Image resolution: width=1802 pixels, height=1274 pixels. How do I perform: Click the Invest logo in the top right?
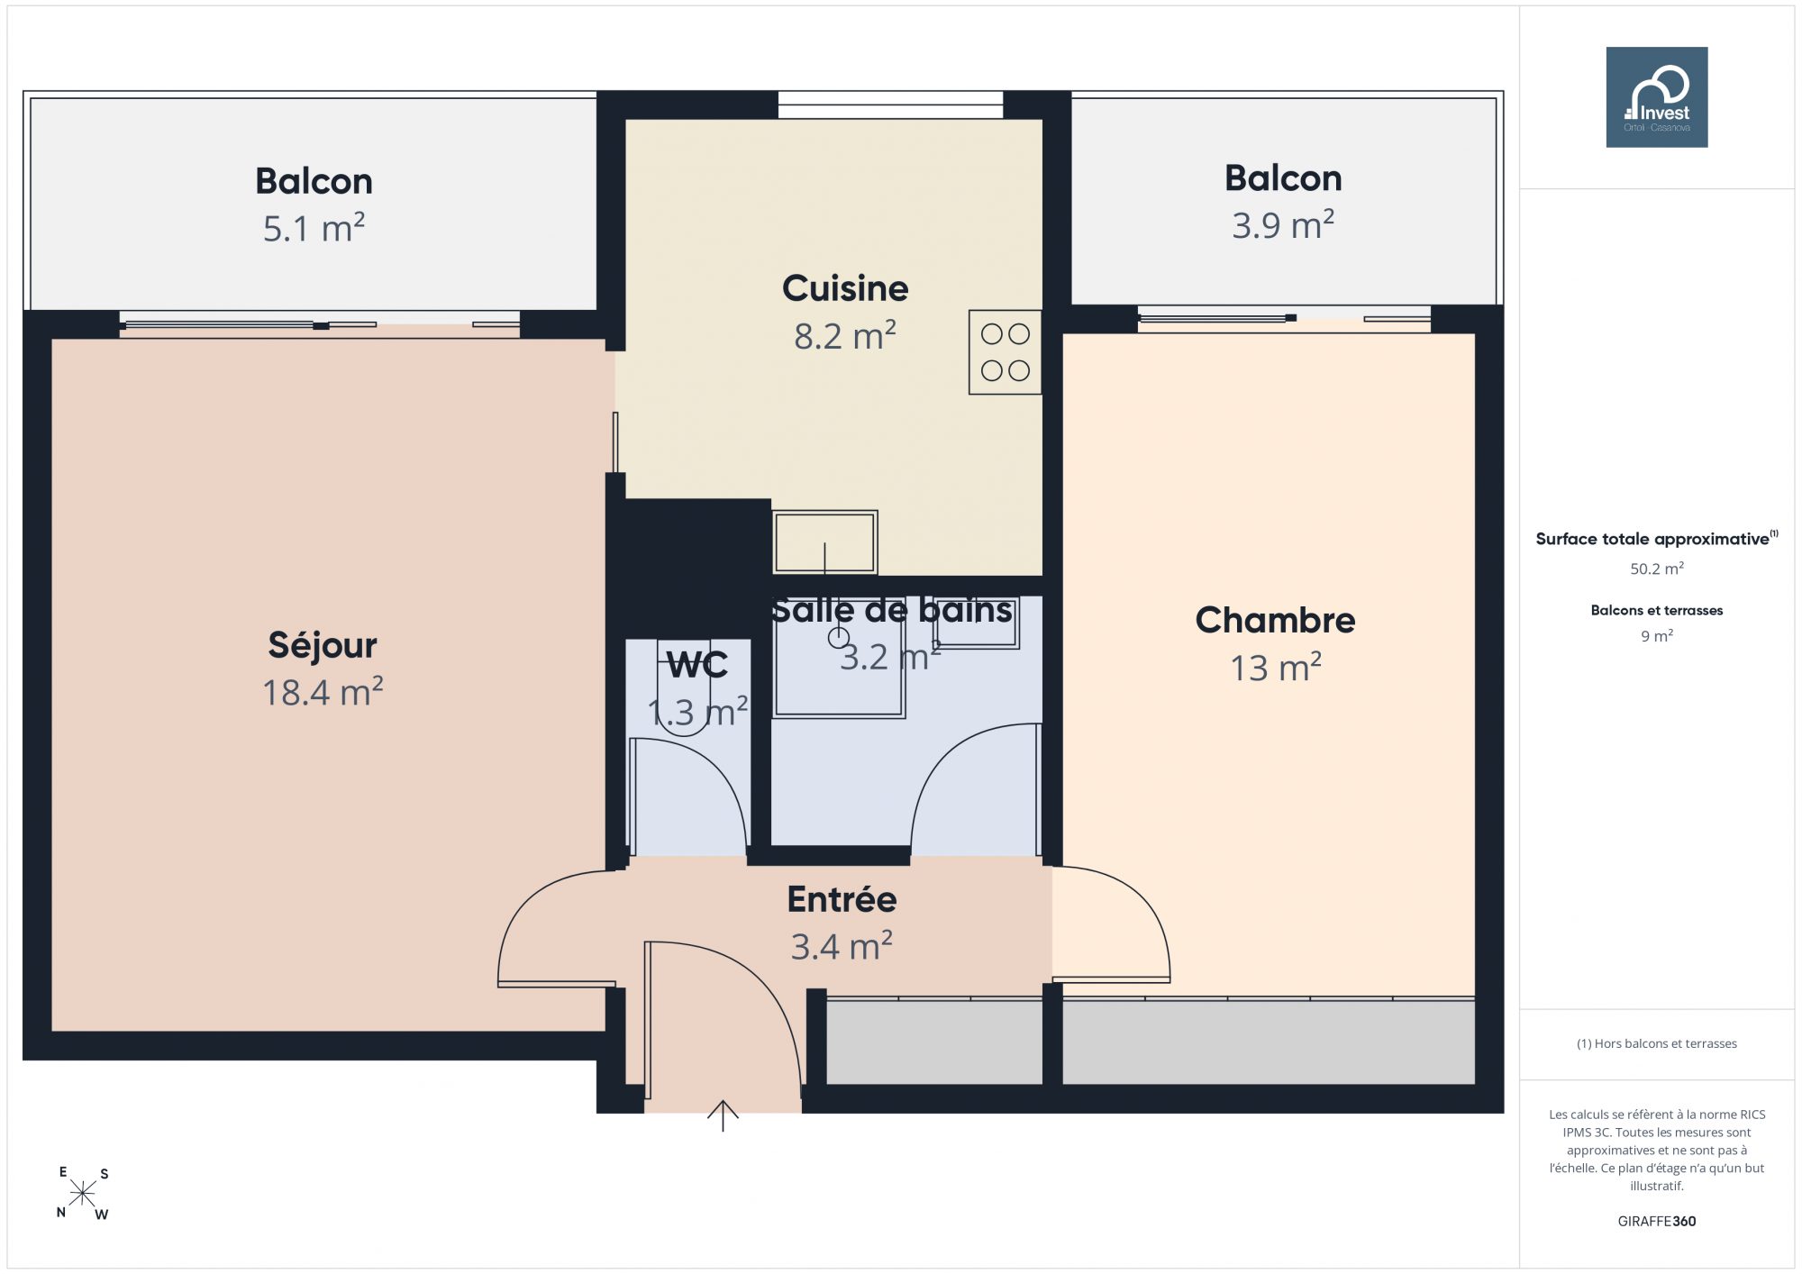1656,97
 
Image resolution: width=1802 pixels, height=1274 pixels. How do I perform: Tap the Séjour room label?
323,645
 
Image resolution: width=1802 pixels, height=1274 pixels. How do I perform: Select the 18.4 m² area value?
323,692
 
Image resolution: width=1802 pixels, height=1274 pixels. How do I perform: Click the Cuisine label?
845,288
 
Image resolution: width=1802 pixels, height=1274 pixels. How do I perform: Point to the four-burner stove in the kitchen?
1005,352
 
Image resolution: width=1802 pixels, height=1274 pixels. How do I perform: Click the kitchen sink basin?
824,542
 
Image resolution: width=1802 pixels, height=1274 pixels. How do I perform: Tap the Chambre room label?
1275,620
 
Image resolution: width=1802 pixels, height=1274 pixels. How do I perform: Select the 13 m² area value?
1276,668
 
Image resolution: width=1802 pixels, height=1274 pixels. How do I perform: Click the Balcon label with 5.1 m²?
314,181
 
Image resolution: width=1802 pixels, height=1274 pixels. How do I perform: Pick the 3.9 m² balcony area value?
1283,224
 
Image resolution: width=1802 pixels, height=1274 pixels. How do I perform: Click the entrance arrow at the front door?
723,1115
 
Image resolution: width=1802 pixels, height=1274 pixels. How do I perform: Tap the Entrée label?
842,899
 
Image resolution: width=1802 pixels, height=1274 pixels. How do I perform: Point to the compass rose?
83,1194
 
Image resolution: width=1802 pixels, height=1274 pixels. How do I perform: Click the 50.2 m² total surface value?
1657,569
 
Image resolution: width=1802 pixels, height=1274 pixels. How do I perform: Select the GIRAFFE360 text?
1657,1222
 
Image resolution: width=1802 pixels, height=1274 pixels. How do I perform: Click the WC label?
697,666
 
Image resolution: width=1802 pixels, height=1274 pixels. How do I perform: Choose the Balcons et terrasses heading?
1657,610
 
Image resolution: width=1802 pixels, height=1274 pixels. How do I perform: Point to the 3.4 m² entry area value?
842,947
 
